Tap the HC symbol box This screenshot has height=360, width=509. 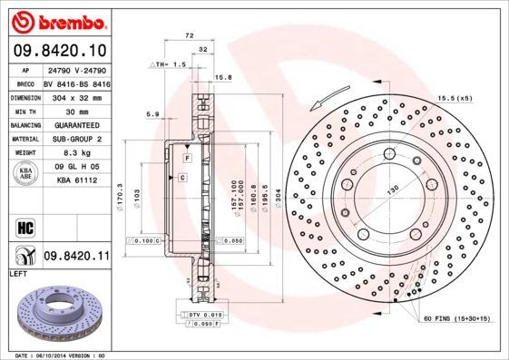pos(25,225)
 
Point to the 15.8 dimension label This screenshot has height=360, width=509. pos(223,77)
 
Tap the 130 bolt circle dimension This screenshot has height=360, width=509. pos(393,191)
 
